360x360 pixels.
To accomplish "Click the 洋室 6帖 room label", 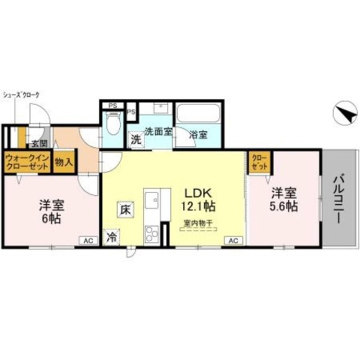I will [51, 210].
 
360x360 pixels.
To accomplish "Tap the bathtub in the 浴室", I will [197, 116].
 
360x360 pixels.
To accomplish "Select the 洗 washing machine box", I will [136, 140].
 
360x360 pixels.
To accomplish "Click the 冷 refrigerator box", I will [112, 237].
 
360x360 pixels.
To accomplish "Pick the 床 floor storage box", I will [125, 209].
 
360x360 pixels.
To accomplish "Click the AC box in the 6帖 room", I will [88, 240].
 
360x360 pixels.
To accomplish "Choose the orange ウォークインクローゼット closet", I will [26, 162].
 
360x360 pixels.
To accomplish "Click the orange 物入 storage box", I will [64, 162].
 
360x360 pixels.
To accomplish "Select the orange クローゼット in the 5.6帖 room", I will [260, 162].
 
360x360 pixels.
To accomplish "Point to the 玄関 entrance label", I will [39, 143].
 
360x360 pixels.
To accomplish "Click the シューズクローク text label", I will [21, 94].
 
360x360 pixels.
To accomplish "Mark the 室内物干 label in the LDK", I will [194, 223].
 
